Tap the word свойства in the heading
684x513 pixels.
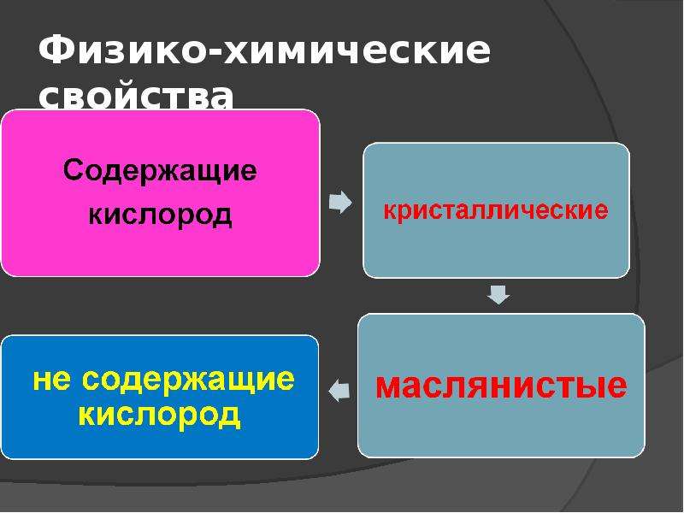coord(136,96)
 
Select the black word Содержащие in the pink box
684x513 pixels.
coord(160,170)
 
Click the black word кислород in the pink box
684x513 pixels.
coord(160,215)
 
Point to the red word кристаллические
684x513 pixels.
coord(496,210)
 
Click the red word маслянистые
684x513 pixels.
coord(501,386)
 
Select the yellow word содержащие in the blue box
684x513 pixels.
coord(188,380)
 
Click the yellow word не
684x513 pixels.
coord(51,380)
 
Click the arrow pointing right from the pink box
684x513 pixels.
coord(340,202)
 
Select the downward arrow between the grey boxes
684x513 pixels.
coord(498,295)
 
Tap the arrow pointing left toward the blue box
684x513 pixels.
coord(339,390)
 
